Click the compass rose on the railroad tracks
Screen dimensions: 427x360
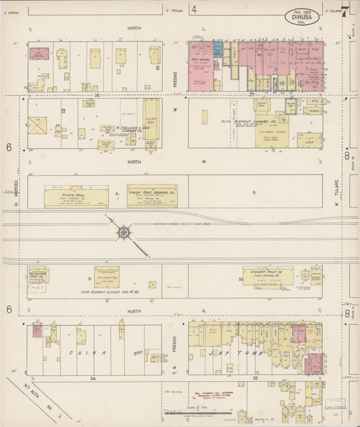[124, 232]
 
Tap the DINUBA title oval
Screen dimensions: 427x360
[303, 16]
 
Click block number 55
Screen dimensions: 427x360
[256, 380]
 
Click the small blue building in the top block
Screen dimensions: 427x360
[218, 49]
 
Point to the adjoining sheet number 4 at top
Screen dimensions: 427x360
[194, 9]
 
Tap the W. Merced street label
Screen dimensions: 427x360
[14, 193]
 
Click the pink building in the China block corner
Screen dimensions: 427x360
[37, 330]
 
